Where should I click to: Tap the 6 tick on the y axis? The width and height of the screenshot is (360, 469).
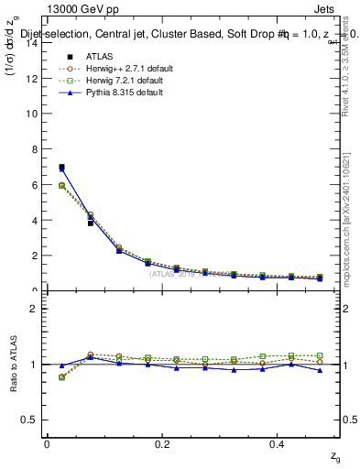[x=33, y=185]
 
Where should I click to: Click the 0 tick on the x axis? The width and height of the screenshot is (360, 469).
[x=47, y=444]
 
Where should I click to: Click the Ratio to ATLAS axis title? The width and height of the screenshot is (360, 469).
[x=13, y=364]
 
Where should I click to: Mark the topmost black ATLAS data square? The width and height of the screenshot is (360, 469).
[x=61, y=168]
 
